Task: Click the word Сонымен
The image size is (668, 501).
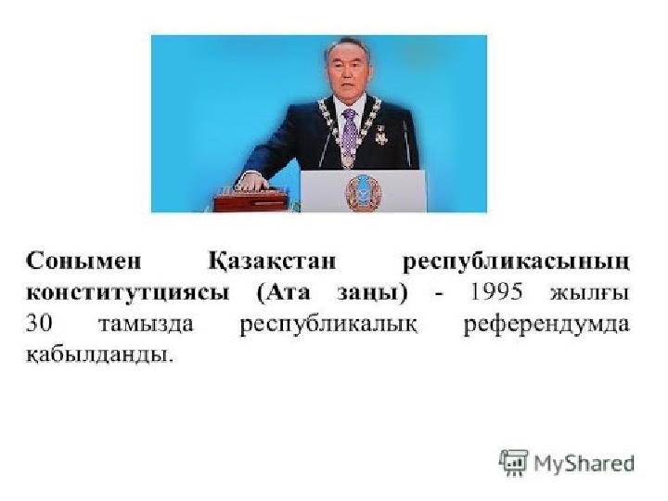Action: pos(83,261)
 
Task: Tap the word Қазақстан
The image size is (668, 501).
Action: pos(272,262)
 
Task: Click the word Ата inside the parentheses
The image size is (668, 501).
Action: pos(289,292)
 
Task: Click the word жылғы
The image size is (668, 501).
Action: pos(590,293)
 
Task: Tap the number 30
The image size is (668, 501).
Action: pos(39,324)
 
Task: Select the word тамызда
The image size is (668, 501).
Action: pos(146,325)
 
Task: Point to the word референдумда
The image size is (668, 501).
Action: pos(546,326)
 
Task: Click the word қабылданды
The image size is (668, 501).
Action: pos(100,354)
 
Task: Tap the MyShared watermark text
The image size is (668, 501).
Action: pos(584,463)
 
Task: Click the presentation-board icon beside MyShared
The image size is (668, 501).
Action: pos(513,462)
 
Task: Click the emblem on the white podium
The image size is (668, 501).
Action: pos(363,193)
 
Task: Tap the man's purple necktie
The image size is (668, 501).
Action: pos(350,131)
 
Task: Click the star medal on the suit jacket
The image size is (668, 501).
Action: pos(381,135)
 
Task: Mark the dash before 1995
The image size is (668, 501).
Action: pos(439,294)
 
